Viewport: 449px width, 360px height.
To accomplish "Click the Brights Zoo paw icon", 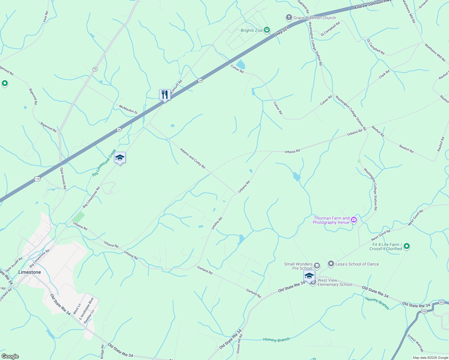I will click(267, 30).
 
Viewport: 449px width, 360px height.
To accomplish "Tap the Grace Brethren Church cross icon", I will click(289, 18).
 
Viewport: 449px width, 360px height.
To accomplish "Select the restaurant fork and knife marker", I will click(165, 95).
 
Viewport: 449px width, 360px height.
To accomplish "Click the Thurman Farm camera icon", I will click(354, 220).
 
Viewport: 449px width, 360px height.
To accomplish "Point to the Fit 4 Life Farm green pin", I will click(407, 246).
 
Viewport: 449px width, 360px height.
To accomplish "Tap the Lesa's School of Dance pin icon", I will click(331, 264).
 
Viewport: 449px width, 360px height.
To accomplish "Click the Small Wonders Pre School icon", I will click(317, 266).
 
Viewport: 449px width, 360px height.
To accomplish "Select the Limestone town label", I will click(29, 272).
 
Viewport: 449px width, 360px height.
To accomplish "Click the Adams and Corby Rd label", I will click(192, 158).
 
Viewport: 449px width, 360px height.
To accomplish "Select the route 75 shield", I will click(95, 69).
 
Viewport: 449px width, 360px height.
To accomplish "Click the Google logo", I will click(10, 356).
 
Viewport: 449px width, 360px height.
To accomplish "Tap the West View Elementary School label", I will click(335, 282).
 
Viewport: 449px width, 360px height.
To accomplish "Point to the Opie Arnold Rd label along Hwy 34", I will click(63, 178).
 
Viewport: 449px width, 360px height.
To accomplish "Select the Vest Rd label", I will click(46, 17).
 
